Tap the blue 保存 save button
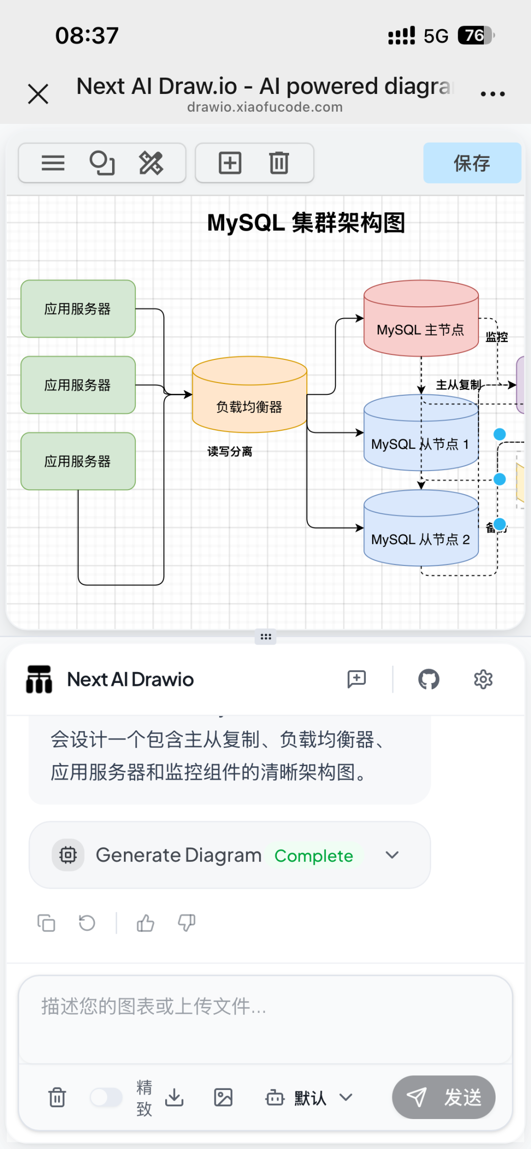pos(472,163)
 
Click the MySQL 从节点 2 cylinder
pos(421,536)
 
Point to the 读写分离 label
pos(230,451)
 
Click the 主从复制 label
pos(458,384)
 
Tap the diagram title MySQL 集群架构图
pos(306,223)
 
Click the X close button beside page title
pos(38,94)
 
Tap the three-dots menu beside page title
pos(493,93)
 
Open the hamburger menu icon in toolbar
pos(53,163)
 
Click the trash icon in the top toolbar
pos(279,163)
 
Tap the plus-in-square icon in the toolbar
pos(230,163)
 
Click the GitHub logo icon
pos(429,679)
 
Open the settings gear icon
pos(483,679)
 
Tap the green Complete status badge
pos(314,856)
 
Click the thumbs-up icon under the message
pos(146,923)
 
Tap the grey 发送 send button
pos(443,1097)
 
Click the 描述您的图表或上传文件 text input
pos(265,1018)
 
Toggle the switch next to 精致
pos(106,1097)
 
